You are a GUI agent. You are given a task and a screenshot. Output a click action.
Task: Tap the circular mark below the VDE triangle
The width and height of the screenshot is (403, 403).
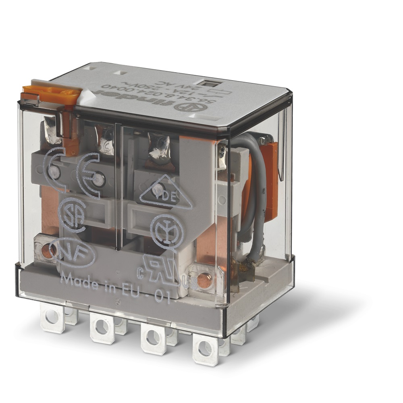click(167, 230)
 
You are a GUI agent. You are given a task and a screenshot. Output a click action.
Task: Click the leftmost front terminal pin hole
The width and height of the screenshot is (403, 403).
click(52, 317)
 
